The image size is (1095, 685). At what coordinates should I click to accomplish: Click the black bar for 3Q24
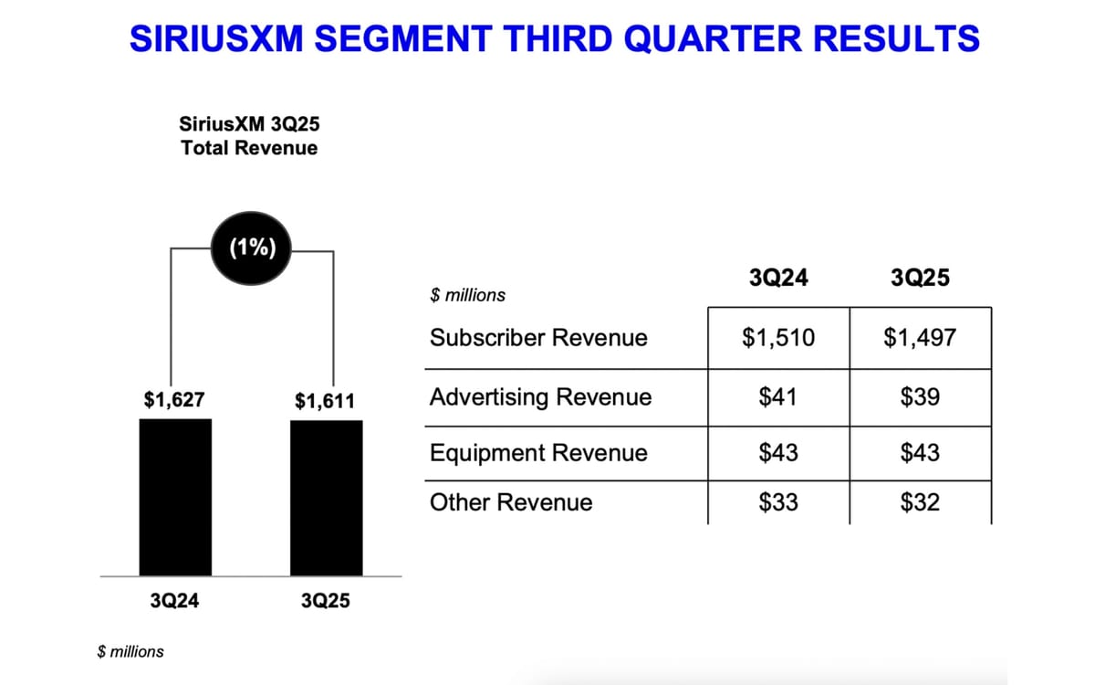pos(175,497)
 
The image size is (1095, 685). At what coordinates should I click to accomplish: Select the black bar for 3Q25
pos(326,498)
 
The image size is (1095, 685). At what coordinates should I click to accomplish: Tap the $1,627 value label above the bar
pos(174,400)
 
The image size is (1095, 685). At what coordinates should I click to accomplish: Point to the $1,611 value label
pos(326,401)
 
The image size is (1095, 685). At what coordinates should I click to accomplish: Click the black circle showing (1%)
pos(250,248)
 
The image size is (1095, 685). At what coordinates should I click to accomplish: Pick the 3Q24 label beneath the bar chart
pos(174,602)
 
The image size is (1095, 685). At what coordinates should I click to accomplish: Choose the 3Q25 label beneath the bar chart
pos(326,602)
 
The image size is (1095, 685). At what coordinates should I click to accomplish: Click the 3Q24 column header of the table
pos(778,278)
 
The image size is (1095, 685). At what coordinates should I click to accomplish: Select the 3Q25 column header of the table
pos(920,278)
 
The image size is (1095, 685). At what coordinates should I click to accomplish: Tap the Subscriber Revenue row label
pos(538,338)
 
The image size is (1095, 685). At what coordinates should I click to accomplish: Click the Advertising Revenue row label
pos(540,397)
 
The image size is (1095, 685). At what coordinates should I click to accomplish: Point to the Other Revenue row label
pos(511,502)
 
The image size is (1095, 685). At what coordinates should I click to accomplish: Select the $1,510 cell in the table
pos(778,338)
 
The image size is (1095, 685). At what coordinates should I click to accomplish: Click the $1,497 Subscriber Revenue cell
pos(920,338)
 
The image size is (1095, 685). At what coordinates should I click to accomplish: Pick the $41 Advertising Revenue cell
pos(778,397)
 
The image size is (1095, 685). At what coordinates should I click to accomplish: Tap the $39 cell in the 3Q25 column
pos(920,397)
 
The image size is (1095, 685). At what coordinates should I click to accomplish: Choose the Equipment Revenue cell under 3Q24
pos(778,453)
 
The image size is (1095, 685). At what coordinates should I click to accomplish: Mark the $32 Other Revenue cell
pos(920,502)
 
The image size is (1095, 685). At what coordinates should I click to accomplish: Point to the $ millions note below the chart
pos(130,651)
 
